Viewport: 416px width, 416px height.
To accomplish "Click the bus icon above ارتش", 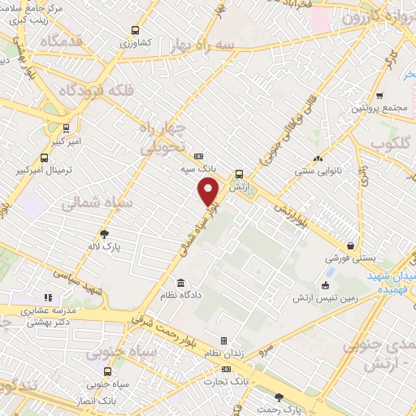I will pos(238,173).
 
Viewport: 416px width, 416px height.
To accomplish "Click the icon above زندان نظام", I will pos(224,342).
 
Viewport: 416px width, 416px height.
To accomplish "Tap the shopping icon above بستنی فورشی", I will pos(350,244).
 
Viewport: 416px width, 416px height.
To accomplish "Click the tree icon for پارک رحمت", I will pos(280,397).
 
